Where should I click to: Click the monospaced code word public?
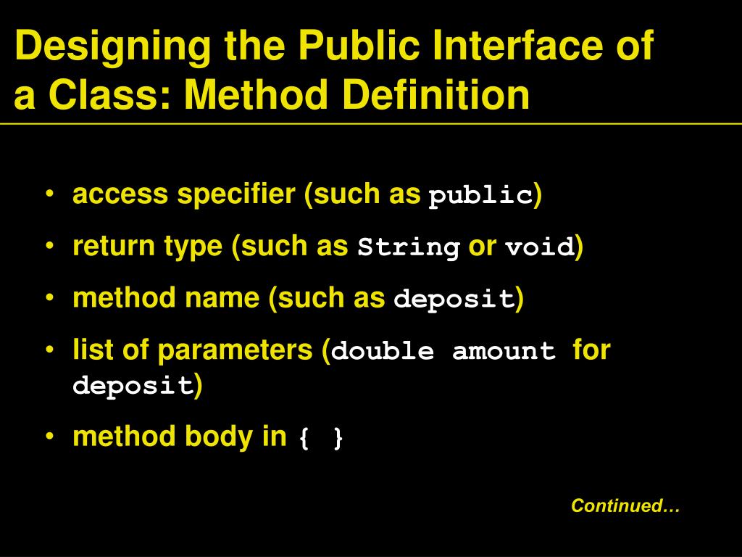click(x=480, y=196)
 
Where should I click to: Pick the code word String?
click(x=409, y=248)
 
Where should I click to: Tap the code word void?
click(x=540, y=248)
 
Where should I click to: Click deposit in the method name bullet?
click(x=454, y=300)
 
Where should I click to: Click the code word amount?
click(x=504, y=352)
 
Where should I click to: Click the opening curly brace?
click(x=304, y=438)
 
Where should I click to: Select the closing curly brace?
click(x=338, y=438)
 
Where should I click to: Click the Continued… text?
click(x=625, y=506)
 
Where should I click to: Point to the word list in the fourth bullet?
click(x=93, y=350)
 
